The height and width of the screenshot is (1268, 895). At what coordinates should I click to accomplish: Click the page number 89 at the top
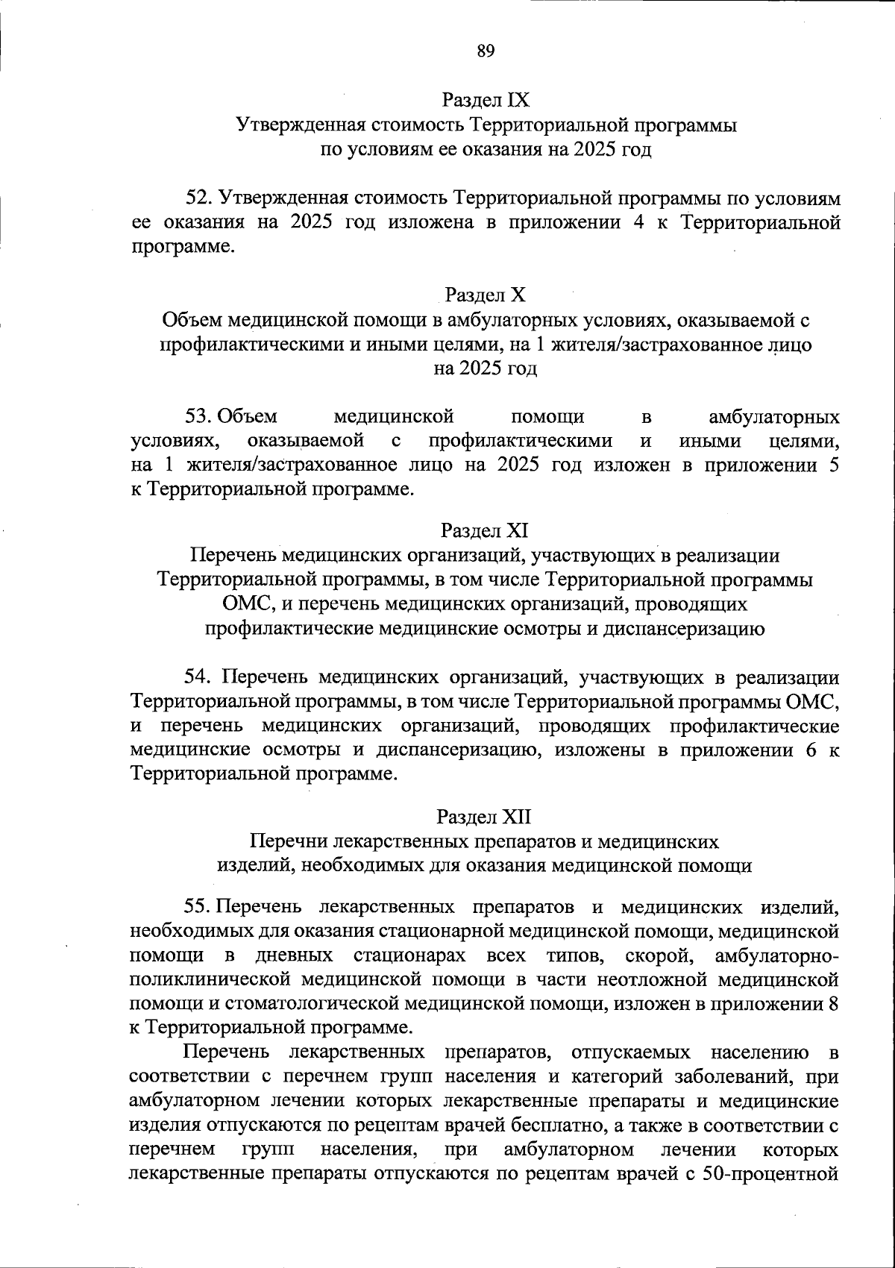click(x=485, y=51)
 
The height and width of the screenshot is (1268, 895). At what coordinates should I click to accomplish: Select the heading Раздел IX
click(x=485, y=99)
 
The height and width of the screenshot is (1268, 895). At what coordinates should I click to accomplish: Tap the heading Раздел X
click(x=485, y=295)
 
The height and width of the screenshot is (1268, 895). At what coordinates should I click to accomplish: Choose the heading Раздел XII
click(x=485, y=817)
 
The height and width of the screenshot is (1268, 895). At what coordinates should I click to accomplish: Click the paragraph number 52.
click(x=200, y=198)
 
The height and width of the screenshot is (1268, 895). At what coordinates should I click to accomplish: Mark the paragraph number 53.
click(x=200, y=415)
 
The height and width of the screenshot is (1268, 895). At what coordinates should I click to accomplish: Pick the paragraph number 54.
click(x=200, y=677)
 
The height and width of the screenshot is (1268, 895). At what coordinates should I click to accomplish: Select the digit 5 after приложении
click(x=833, y=465)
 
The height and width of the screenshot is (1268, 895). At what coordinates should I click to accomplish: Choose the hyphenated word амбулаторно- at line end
click(x=776, y=955)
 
